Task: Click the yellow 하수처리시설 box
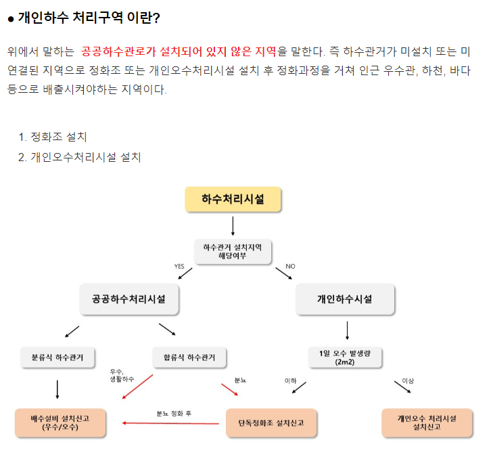tap(233, 199)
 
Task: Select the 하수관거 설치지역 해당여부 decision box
tap(233, 252)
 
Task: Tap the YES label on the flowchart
tap(179, 266)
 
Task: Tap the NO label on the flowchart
tap(291, 266)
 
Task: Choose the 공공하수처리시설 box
tap(128, 299)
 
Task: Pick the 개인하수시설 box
tap(344, 299)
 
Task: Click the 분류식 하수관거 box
tap(57, 357)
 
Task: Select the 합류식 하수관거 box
tap(189, 357)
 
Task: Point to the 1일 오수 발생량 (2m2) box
tap(345, 357)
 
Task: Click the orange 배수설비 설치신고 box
tap(60, 422)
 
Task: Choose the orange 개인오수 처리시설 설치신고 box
tap(427, 422)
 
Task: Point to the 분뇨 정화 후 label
tap(174, 412)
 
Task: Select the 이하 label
tap(291, 381)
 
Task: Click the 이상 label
tap(408, 381)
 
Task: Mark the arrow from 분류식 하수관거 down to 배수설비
tap(57, 389)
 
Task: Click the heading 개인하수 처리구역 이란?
tap(88, 18)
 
